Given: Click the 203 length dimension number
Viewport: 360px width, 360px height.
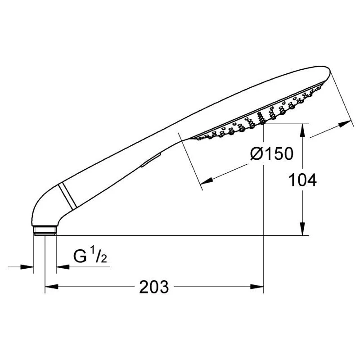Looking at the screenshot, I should click(154, 287).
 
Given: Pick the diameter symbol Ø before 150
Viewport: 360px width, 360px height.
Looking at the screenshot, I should click(256, 154).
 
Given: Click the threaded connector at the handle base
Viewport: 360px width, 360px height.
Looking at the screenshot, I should click(45, 230).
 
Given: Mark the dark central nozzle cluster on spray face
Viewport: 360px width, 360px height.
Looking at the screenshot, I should click(260, 118).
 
